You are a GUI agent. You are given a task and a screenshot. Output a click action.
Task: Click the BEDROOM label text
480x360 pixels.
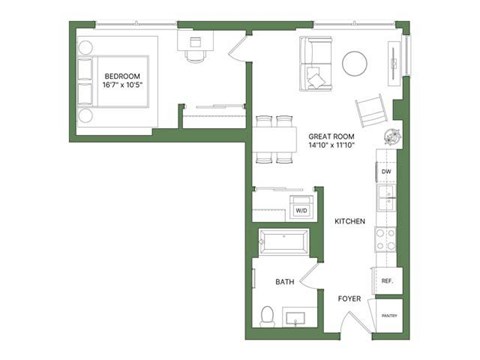coord(123,76)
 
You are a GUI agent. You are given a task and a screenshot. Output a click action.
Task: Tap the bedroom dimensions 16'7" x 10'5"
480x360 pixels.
coord(123,86)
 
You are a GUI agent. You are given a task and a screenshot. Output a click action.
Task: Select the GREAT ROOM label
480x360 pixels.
coord(330,136)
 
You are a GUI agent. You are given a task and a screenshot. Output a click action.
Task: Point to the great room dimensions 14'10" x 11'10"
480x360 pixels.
coord(330,146)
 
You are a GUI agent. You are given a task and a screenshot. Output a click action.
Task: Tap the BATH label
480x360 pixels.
coord(284,283)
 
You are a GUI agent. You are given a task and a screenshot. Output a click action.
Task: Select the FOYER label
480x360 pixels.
coord(348,298)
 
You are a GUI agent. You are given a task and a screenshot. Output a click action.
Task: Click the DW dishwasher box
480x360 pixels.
coord(386,172)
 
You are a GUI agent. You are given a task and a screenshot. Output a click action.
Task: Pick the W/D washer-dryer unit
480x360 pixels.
coord(300,210)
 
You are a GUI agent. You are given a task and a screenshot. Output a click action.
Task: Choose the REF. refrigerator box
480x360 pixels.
coord(386,282)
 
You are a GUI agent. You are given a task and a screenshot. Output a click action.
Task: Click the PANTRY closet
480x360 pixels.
coord(387,316)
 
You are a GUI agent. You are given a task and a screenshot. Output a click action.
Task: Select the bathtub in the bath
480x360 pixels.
coord(284,242)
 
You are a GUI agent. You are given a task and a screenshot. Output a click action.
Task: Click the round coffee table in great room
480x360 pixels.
coord(357,63)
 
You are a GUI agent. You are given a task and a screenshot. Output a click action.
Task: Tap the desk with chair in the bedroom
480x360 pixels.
coord(194,47)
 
